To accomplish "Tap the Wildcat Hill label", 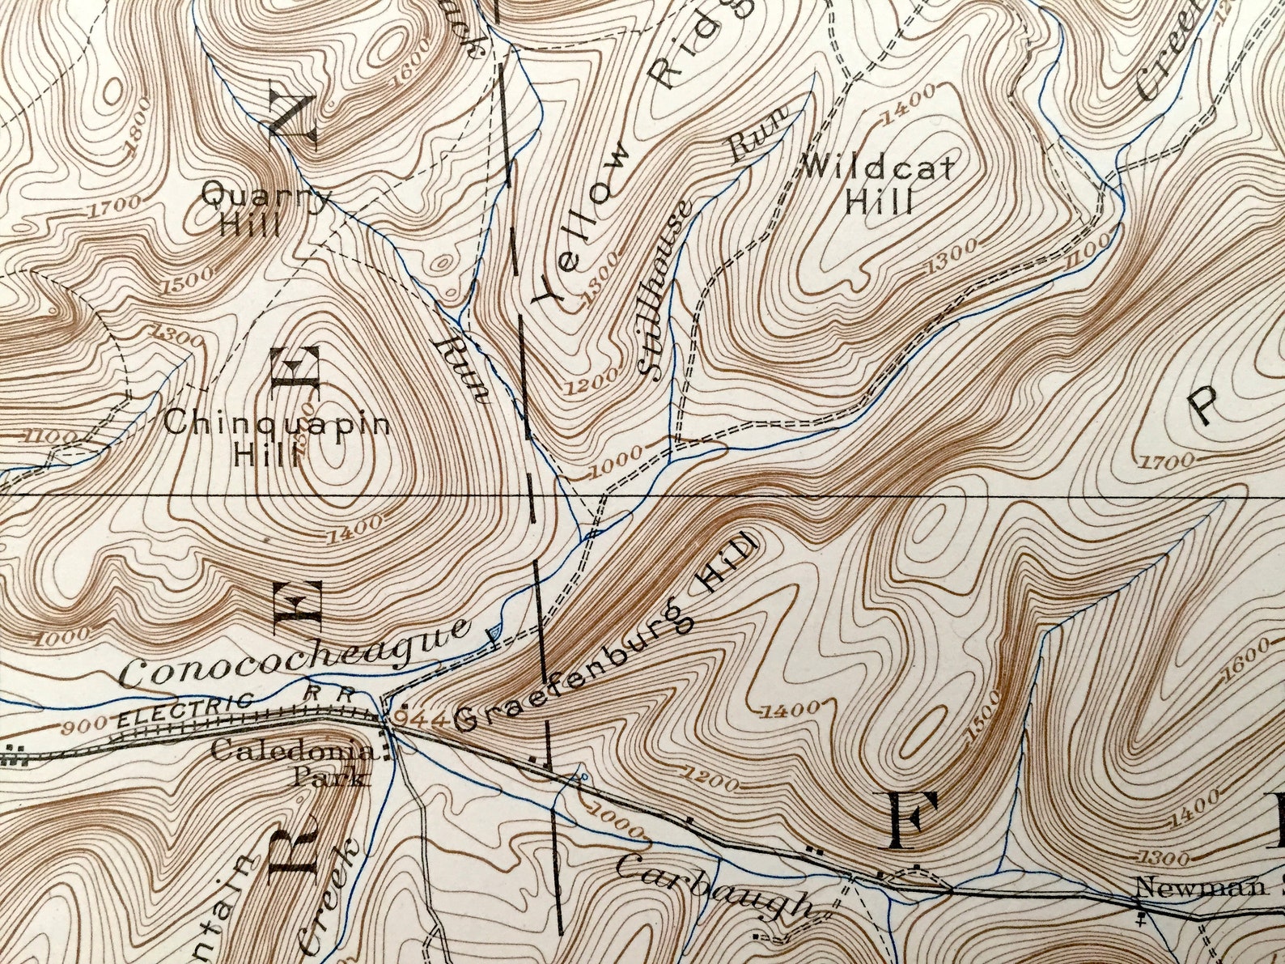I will (879, 185).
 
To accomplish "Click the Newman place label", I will (1190, 887).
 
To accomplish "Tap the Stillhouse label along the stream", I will (665, 287).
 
